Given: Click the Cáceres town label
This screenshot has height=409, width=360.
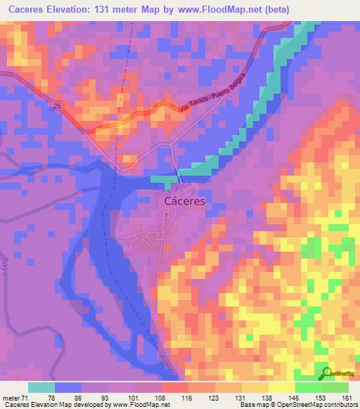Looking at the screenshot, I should tap(184, 200).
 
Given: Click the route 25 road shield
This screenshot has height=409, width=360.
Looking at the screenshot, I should tap(57, 105).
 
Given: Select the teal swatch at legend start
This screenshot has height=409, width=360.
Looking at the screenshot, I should tap(41, 387).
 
